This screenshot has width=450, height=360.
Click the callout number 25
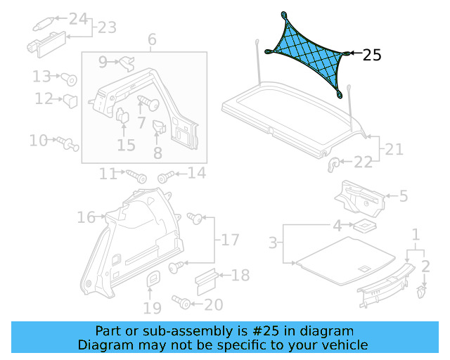click(372, 55)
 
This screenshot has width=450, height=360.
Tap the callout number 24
click(78, 18)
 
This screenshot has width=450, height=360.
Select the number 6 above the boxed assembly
click(152, 40)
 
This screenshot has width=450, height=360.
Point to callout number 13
click(42, 76)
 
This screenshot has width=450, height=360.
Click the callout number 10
click(38, 141)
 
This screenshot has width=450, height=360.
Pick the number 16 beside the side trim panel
click(86, 218)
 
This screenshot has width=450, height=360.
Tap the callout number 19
click(153, 307)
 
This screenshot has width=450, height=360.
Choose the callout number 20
click(213, 304)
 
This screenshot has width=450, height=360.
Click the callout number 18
click(240, 275)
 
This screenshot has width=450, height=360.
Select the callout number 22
click(363, 162)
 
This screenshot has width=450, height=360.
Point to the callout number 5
click(404, 196)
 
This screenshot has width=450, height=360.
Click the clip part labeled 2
click(422, 289)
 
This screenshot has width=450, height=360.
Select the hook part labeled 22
click(335, 164)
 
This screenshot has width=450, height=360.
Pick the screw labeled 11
click(134, 172)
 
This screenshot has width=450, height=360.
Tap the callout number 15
click(126, 146)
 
